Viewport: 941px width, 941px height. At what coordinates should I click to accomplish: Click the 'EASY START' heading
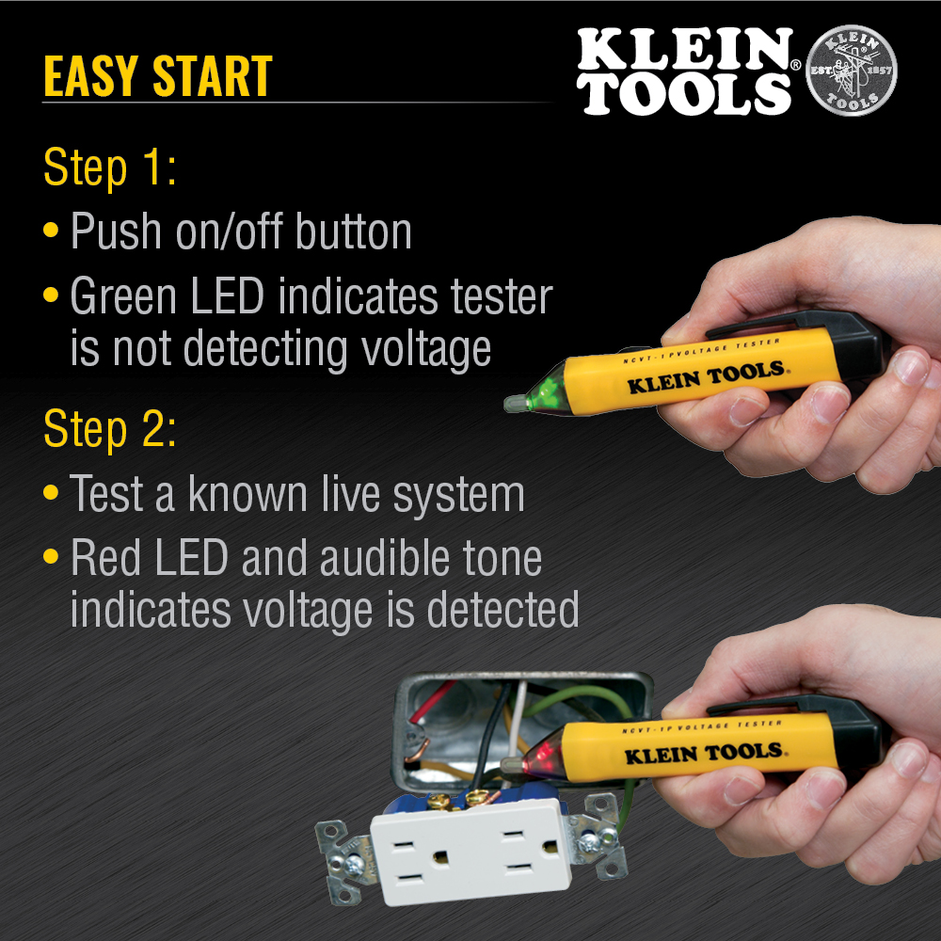coord(157,76)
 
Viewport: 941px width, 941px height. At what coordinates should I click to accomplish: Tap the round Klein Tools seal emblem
coord(853,72)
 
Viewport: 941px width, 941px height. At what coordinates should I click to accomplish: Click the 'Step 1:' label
coord(110,169)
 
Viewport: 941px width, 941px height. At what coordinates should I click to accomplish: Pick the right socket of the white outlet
coord(524,851)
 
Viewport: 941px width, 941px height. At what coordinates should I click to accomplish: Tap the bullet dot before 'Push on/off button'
coord(53,231)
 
